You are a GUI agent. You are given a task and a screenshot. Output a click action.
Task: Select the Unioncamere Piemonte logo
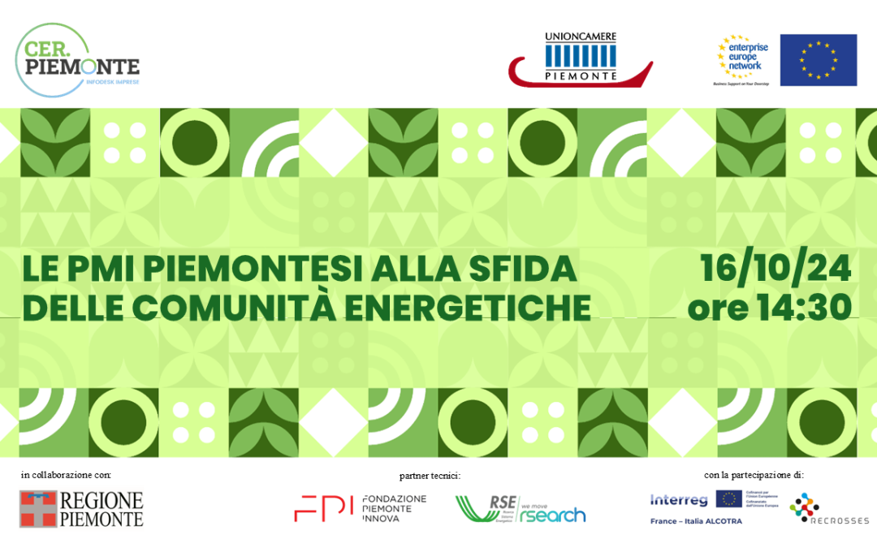click(581, 59)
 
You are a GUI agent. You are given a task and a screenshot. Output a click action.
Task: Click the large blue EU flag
click(818, 60)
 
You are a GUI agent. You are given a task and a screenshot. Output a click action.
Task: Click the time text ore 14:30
click(769, 308)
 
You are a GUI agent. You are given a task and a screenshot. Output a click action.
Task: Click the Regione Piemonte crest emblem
click(38, 509)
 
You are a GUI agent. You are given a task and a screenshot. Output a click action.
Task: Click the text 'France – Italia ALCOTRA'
click(696, 521)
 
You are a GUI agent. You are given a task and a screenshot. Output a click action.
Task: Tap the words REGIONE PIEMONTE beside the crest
click(102, 509)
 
